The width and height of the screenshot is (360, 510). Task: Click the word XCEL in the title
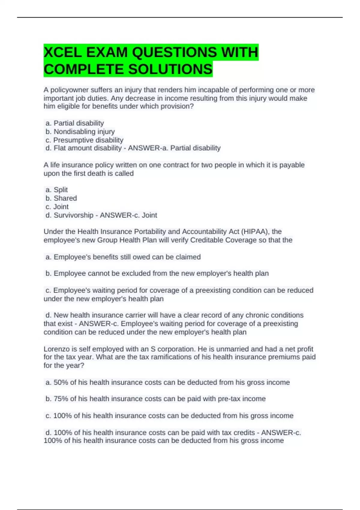coord(63,52)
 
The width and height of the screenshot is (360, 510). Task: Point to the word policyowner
coord(70,90)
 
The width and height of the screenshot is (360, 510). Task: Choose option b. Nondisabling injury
coord(80,132)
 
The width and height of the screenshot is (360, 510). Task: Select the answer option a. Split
coord(57,190)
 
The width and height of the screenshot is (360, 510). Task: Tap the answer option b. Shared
coord(61,198)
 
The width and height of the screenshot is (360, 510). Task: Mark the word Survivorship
coord(73,215)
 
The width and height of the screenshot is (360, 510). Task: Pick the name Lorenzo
coord(56,349)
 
